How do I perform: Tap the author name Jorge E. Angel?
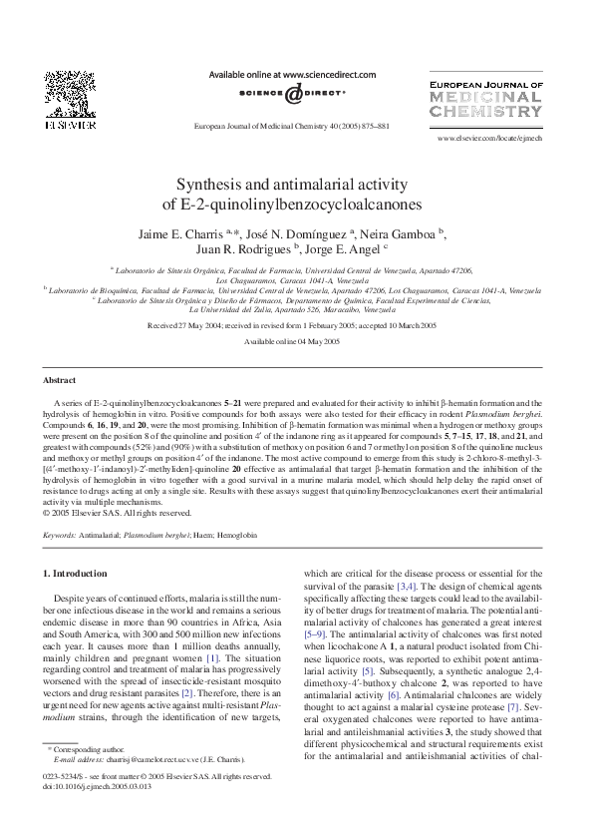(x=345, y=248)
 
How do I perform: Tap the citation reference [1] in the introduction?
(x=211, y=659)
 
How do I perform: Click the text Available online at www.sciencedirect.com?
(x=291, y=74)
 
